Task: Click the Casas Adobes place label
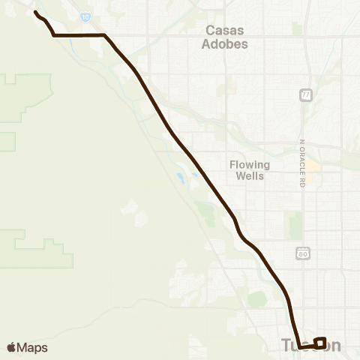point(226,37)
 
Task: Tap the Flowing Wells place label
point(250,170)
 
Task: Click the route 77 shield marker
point(305,95)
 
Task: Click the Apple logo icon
point(11,347)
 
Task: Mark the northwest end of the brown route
point(35,12)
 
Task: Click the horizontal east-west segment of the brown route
point(79,35)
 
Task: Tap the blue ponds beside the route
point(181,178)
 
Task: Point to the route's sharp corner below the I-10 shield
point(104,35)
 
